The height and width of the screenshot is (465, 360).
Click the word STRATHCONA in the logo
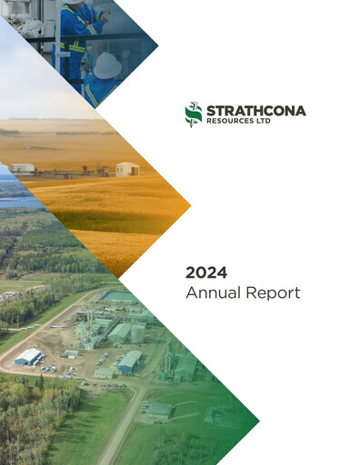pos(256,110)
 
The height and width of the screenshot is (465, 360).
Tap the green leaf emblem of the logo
pos(193,114)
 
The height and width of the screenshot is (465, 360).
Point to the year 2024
pos(205,272)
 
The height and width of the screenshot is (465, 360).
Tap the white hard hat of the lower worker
pos(107,64)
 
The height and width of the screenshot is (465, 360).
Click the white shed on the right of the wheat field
pos(127,169)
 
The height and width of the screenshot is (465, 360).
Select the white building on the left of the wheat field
pos(23,168)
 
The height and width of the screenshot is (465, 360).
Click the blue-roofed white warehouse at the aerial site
pos(29,356)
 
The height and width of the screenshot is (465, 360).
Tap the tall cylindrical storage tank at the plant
pos(137,333)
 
